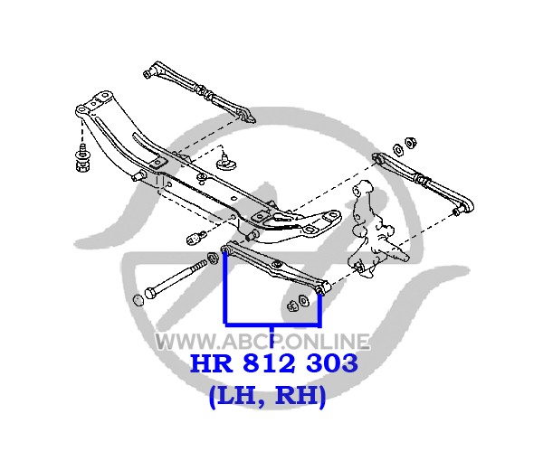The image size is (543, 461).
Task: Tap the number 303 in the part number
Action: [x=332, y=362]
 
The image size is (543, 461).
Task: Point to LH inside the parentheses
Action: [x=236, y=395]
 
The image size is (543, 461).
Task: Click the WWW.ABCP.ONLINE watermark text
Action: [x=262, y=342]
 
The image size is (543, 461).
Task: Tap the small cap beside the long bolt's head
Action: [x=138, y=300]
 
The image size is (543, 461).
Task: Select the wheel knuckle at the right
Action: [x=376, y=230]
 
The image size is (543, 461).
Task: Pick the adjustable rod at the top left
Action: [x=200, y=91]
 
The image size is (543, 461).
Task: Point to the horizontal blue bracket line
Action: [x=273, y=325]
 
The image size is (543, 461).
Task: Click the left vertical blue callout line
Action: [x=225, y=288]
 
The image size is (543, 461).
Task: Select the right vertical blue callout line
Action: [x=320, y=309]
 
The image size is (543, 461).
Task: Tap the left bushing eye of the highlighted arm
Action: [x=226, y=248]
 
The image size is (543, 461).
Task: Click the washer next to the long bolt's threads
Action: [x=211, y=258]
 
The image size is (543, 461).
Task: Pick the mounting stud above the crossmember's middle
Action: [x=226, y=162]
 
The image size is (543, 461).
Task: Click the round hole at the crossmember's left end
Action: [x=81, y=110]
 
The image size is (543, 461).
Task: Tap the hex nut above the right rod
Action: [x=410, y=143]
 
